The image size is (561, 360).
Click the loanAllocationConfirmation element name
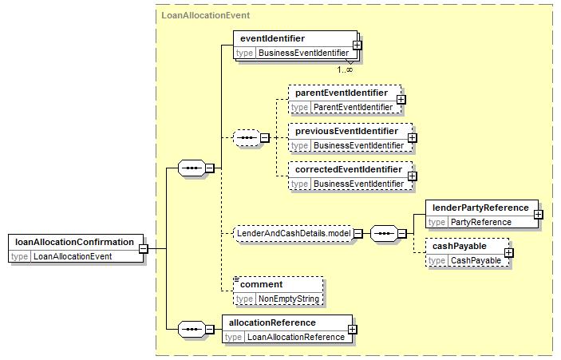[74, 243]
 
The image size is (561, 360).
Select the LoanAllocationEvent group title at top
[206, 15]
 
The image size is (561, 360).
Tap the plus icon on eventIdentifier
[357, 45]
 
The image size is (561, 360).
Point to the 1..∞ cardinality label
[345, 69]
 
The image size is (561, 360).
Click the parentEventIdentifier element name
[342, 93]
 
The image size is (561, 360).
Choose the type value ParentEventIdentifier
[354, 107]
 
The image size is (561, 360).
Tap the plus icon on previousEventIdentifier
[412, 138]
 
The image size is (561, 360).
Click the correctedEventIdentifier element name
[349, 169]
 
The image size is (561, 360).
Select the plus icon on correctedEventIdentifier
[412, 176]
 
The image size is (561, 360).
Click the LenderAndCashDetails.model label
[294, 234]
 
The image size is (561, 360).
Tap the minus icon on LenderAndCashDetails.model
[358, 234]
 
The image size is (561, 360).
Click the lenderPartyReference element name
[480, 208]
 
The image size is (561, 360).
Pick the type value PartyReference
[481, 222]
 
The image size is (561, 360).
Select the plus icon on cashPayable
[509, 253]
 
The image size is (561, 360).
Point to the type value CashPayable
[476, 260]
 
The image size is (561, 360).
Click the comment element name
[262, 284]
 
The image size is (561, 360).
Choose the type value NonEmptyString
[289, 299]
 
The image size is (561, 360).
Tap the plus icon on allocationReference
[353, 329]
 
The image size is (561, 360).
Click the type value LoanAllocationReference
[296, 337]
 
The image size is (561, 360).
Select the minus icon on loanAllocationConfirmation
[143, 248]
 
